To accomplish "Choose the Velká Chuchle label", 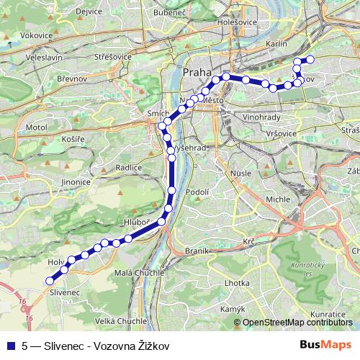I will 122,321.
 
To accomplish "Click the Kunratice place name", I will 330,315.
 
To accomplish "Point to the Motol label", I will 35,127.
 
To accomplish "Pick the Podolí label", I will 197,192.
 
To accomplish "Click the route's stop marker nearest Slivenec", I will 50,281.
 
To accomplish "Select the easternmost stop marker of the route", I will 310,60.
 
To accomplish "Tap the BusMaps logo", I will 326,345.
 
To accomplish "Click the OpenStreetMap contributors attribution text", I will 297,323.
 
